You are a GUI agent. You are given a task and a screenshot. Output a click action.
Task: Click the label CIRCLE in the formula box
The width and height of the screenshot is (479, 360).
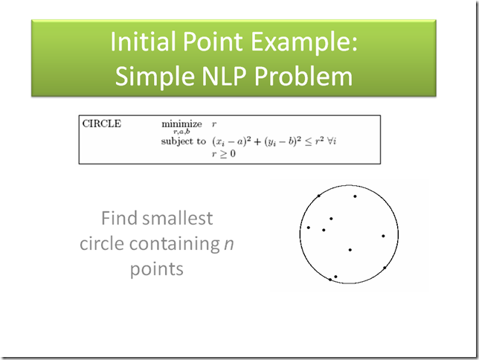point(101,123)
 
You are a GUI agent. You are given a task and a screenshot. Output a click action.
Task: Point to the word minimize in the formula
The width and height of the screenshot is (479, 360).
point(181,123)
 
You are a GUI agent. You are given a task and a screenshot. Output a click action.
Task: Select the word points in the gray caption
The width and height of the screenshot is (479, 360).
point(157,269)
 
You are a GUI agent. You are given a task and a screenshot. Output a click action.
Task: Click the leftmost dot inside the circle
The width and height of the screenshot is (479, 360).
point(308,228)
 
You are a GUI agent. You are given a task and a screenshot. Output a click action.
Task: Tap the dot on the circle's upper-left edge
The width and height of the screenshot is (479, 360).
point(319,196)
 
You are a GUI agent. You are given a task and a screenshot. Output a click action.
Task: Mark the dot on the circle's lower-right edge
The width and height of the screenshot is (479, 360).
point(385,268)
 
